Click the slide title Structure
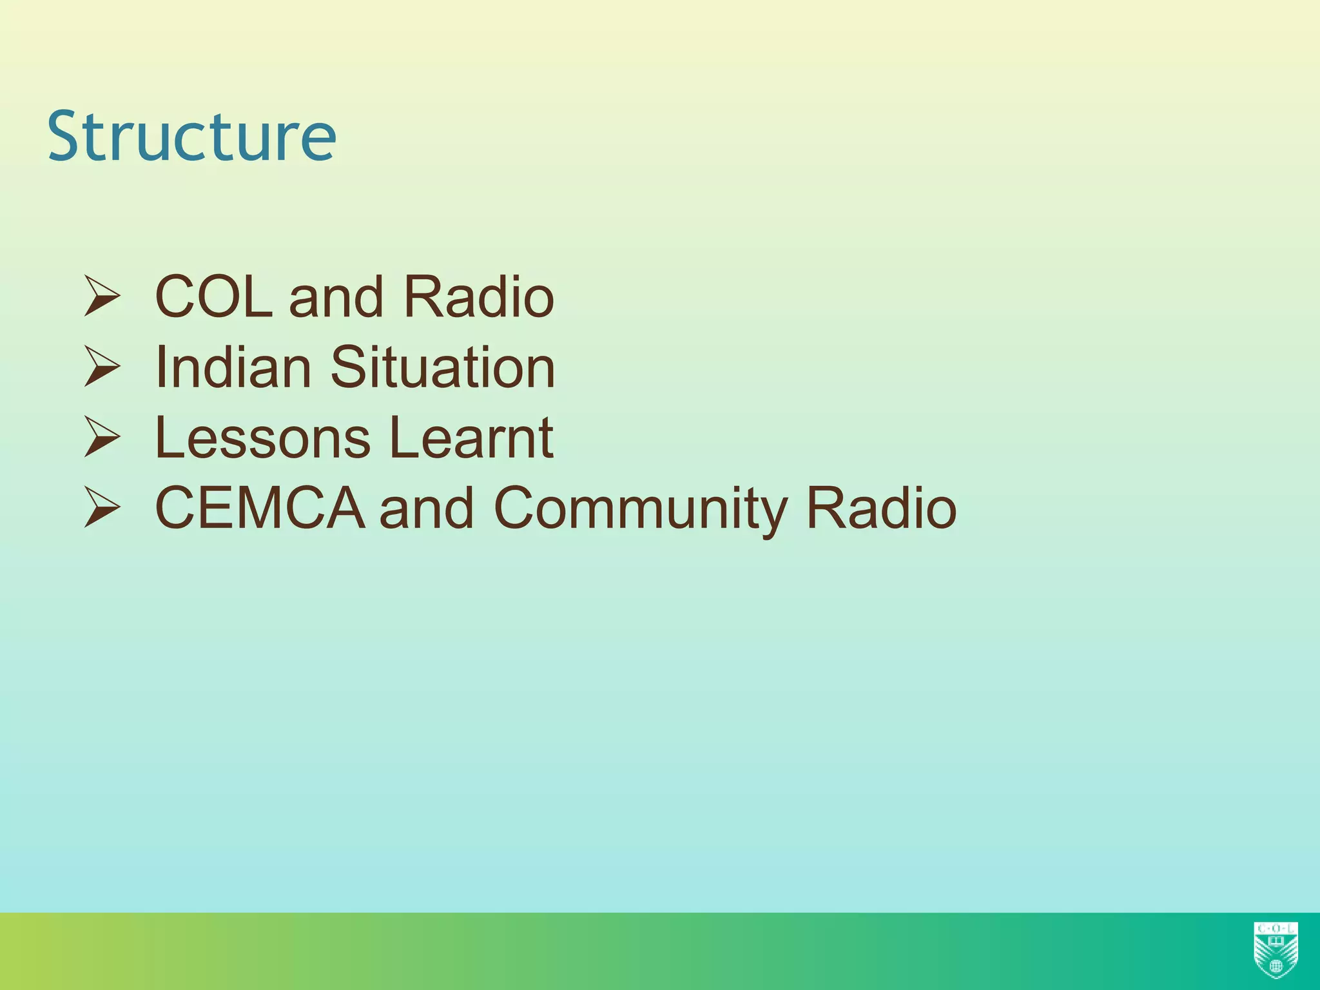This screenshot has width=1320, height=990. [x=191, y=137]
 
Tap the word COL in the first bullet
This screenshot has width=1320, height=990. [x=213, y=297]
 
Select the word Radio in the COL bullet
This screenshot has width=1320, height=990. [x=478, y=297]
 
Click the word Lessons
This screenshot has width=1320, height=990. [x=263, y=438]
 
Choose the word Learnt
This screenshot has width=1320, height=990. [x=471, y=438]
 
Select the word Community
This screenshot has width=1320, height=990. [x=641, y=509]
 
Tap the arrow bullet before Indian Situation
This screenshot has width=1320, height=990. [x=102, y=367]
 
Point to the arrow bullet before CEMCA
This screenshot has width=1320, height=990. [x=102, y=507]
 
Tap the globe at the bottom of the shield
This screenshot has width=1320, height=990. [x=1276, y=967]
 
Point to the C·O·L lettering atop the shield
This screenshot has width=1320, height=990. [x=1276, y=928]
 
